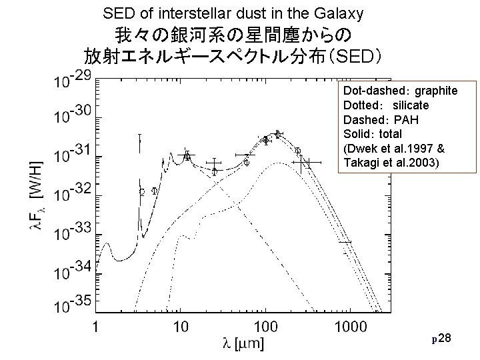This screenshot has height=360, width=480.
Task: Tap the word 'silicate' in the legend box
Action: tap(411, 105)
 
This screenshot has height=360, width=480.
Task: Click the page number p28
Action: tap(442, 341)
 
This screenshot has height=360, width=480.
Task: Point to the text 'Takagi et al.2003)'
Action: tap(390, 163)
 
